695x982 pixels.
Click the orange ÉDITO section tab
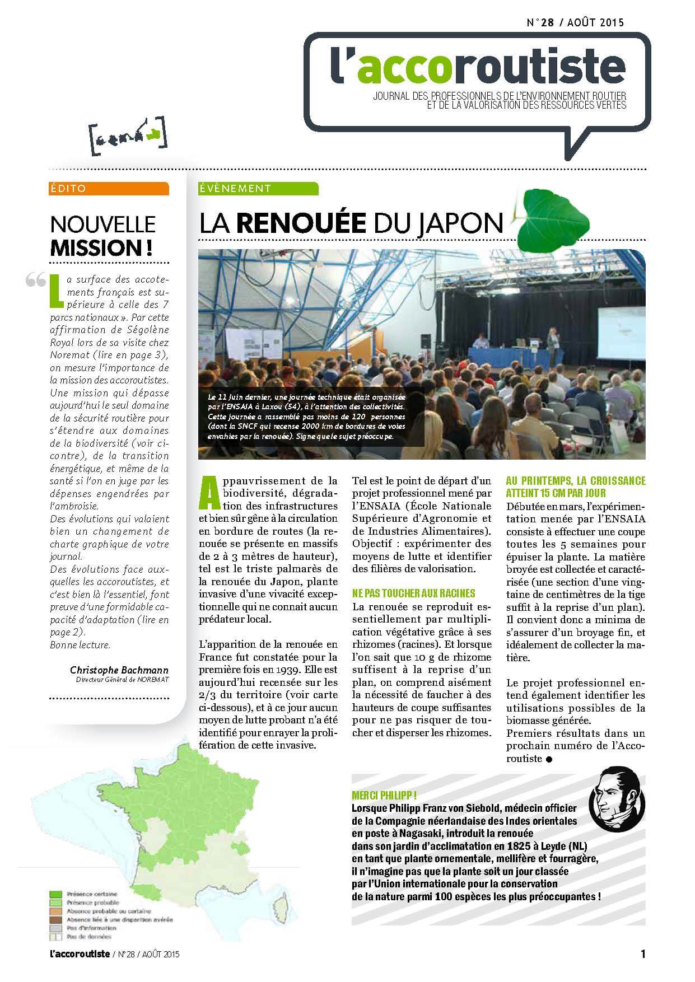tap(109, 189)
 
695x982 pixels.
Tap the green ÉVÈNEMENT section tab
tap(258, 189)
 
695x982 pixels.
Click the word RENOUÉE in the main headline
tap(301, 223)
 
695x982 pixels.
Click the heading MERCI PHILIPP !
tap(384, 796)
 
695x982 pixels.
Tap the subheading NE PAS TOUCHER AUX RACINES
tap(414, 593)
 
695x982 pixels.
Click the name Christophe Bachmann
tap(119, 670)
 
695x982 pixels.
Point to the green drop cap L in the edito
tap(55, 289)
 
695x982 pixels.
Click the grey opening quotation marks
tap(36, 280)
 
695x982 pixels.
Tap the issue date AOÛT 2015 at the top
tap(595, 23)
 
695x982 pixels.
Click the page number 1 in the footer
tap(643, 953)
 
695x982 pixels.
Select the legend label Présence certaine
tap(92, 894)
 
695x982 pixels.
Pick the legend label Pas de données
tap(89, 936)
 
